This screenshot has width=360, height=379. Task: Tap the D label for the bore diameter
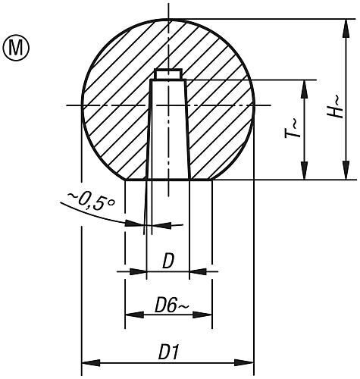167,261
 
